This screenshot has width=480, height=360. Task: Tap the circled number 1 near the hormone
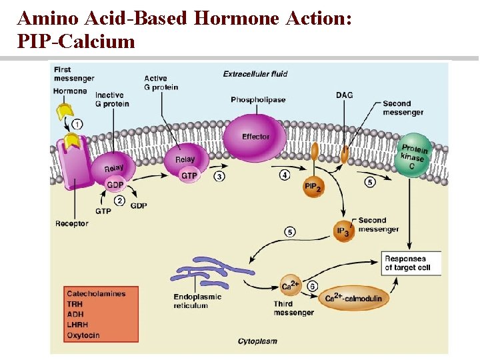78,124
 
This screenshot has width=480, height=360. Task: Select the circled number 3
219,176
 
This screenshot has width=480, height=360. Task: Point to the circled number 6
312,285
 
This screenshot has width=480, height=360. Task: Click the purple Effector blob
255,137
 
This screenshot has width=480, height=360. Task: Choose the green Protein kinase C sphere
413,158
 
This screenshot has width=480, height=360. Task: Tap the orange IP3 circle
342,230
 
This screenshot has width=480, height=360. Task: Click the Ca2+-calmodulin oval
354,298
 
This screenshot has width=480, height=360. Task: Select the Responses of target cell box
407,263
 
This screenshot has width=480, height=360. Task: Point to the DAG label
344,95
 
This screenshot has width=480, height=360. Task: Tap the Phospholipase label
258,100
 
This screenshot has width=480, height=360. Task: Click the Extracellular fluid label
254,74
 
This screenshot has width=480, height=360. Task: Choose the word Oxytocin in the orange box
83,335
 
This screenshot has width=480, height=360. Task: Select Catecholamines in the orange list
96,293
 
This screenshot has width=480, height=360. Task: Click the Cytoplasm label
258,341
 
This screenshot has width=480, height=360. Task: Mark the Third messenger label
293,308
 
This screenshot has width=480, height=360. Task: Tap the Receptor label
71,224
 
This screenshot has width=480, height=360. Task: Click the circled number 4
285,175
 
